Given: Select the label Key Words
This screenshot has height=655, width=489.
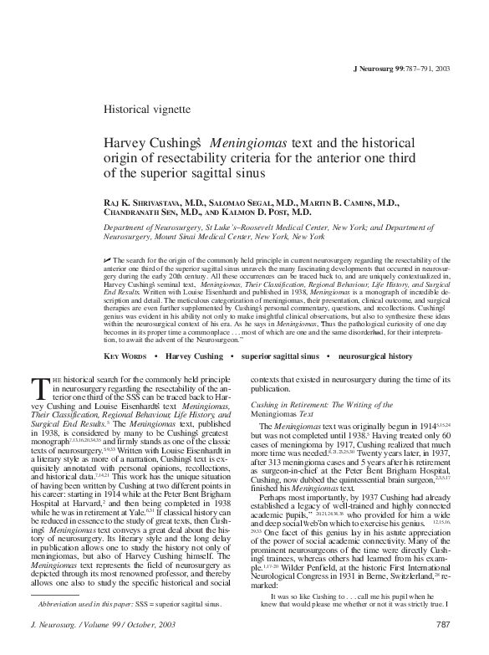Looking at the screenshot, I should (126, 356).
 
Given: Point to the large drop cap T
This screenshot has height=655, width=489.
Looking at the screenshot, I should (36, 386).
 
